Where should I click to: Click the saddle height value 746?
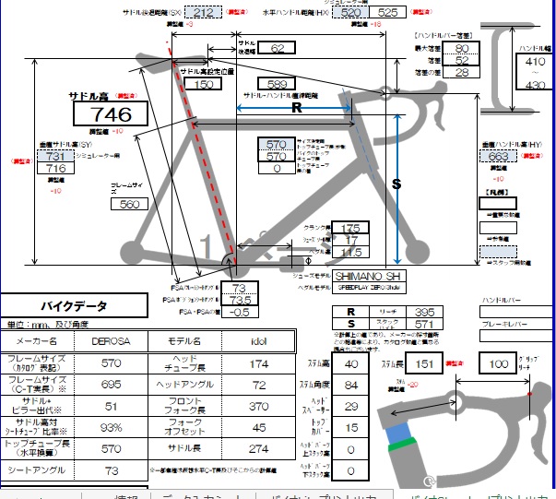point(112,114)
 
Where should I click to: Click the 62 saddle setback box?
point(282,48)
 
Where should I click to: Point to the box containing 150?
point(204,84)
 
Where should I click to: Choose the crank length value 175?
point(349,228)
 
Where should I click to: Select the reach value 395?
point(423,313)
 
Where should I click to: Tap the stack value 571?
point(423,325)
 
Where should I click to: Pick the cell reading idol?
point(259,339)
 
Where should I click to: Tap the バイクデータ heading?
point(74,304)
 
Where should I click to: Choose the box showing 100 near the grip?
point(500,363)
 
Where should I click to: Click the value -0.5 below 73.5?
point(240,312)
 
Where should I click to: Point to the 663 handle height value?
point(499,157)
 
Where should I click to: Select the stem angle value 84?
point(351,385)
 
